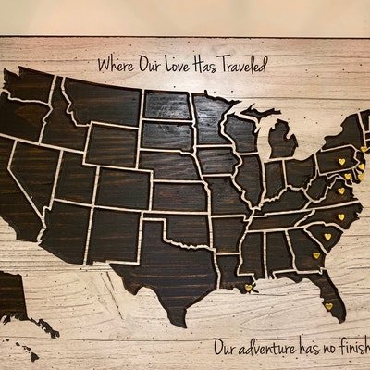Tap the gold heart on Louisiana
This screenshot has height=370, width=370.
tap(248, 287)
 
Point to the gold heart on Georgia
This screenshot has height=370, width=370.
tap(315, 254)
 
